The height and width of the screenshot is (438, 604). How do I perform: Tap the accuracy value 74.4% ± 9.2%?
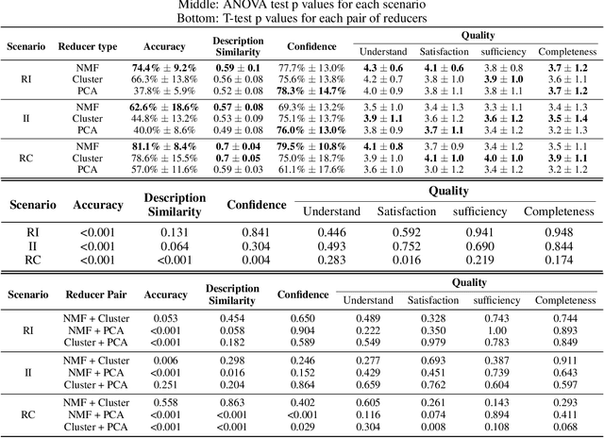pyautogui.click(x=163, y=68)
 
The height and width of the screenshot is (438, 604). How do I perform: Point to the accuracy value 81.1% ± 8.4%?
pyautogui.click(x=163, y=147)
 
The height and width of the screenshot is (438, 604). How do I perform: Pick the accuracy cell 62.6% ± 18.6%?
pyautogui.click(x=163, y=108)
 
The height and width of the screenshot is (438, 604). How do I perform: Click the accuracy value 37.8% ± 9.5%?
pyautogui.click(x=163, y=91)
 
